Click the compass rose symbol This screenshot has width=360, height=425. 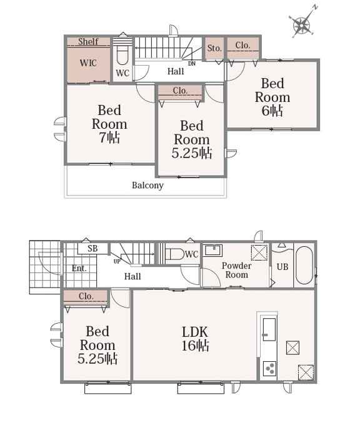click(x=302, y=25)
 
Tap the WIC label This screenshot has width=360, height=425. click(x=88, y=63)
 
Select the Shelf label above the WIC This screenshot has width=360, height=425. click(x=88, y=41)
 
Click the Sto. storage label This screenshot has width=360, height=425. click(x=214, y=48)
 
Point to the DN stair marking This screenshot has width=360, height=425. click(x=192, y=64)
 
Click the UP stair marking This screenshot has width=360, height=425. click(x=117, y=262)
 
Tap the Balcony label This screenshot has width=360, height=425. click(x=147, y=186)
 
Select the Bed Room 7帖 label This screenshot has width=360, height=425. click(x=109, y=124)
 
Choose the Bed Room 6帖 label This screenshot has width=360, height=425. click(x=272, y=97)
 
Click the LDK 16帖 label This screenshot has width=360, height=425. click(x=195, y=339)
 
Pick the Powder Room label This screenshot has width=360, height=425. click(x=236, y=270)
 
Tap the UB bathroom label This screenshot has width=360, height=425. click(x=282, y=267)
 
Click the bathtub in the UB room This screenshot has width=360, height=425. click(x=304, y=265)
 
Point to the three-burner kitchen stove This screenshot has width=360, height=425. click(x=270, y=369)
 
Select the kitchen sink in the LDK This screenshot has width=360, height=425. click(x=269, y=329)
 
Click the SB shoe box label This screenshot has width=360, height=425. click(x=92, y=248)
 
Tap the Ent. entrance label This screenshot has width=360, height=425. click(x=79, y=268)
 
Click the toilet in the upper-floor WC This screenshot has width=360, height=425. click(x=122, y=55)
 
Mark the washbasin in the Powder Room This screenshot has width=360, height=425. click(x=213, y=251)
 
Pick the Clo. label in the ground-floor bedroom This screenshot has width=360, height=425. click(x=86, y=296)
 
